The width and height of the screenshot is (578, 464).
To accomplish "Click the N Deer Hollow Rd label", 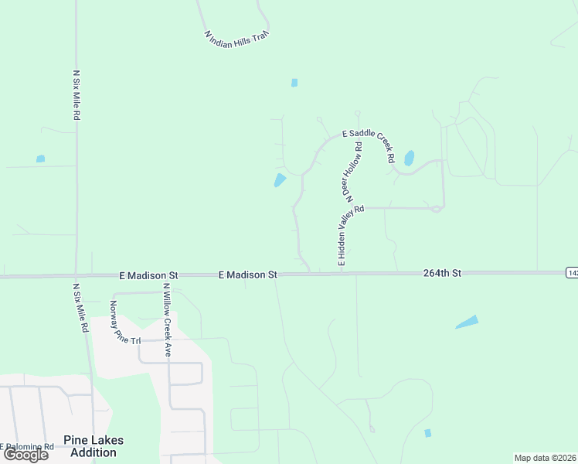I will (350, 170).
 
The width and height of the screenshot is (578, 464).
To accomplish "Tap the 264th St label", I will (442, 273).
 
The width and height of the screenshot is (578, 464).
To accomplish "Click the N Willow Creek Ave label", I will (166, 319).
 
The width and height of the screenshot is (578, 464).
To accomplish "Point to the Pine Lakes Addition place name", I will (93, 446).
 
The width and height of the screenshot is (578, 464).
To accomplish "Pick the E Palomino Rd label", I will (28, 446).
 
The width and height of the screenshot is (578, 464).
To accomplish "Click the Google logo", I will (26, 455).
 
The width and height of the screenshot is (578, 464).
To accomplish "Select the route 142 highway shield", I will (572, 272).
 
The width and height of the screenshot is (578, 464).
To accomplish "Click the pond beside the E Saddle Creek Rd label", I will (409, 158).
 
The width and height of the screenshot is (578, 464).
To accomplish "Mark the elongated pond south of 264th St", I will (467, 322).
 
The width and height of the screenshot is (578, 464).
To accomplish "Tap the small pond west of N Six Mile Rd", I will (40, 159).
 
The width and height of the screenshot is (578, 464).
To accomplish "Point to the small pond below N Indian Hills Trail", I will (294, 83).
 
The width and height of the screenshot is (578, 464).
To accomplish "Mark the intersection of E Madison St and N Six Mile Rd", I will (76, 275).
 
